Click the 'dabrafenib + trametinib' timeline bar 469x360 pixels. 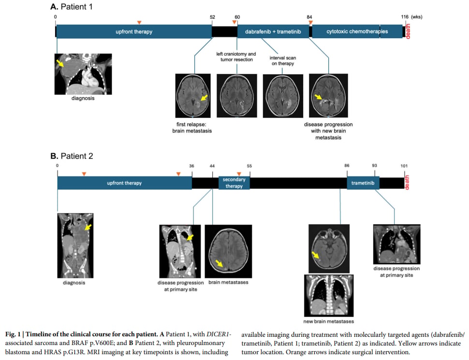pos(273,31)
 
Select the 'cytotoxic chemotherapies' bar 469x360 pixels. pos(357,31)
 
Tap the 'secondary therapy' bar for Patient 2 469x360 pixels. pos(234,183)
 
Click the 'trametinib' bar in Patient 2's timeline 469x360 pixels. pos(363,183)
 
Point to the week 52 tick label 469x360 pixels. pos(212,17)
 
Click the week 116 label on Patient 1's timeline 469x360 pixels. pos(405,17)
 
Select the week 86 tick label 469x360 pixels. pos(347,165)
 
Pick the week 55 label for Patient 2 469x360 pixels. pos(249,166)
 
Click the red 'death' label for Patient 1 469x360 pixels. pos(408,31)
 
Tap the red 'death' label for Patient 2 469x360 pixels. pos(407,182)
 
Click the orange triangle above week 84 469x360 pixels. pos(311,22)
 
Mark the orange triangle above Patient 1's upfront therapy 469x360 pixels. pos(139,22)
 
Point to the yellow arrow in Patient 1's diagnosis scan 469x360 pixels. pos(60,63)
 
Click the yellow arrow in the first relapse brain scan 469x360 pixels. pos(204,98)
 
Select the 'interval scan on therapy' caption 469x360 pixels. pos(283,61)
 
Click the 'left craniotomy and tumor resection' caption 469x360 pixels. pos(236,57)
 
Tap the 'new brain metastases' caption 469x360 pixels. pos(328,321)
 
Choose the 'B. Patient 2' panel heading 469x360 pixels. pos(72,156)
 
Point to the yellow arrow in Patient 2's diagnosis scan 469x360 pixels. pos(88,227)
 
